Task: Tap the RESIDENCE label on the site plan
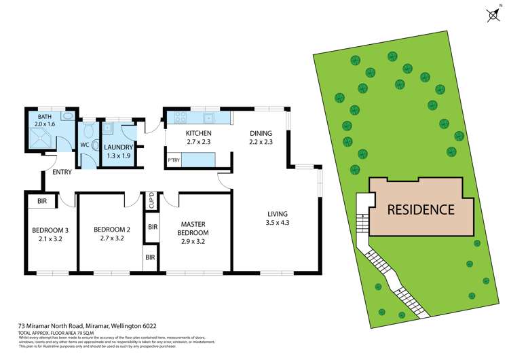[x=421, y=209]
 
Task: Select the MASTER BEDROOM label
[x=194, y=228]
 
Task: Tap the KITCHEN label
[x=199, y=133]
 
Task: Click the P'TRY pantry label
[x=173, y=160]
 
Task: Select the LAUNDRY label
[x=119, y=147]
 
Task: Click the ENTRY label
[x=62, y=172]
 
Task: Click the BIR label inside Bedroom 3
[x=41, y=201]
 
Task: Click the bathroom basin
[x=67, y=116]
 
